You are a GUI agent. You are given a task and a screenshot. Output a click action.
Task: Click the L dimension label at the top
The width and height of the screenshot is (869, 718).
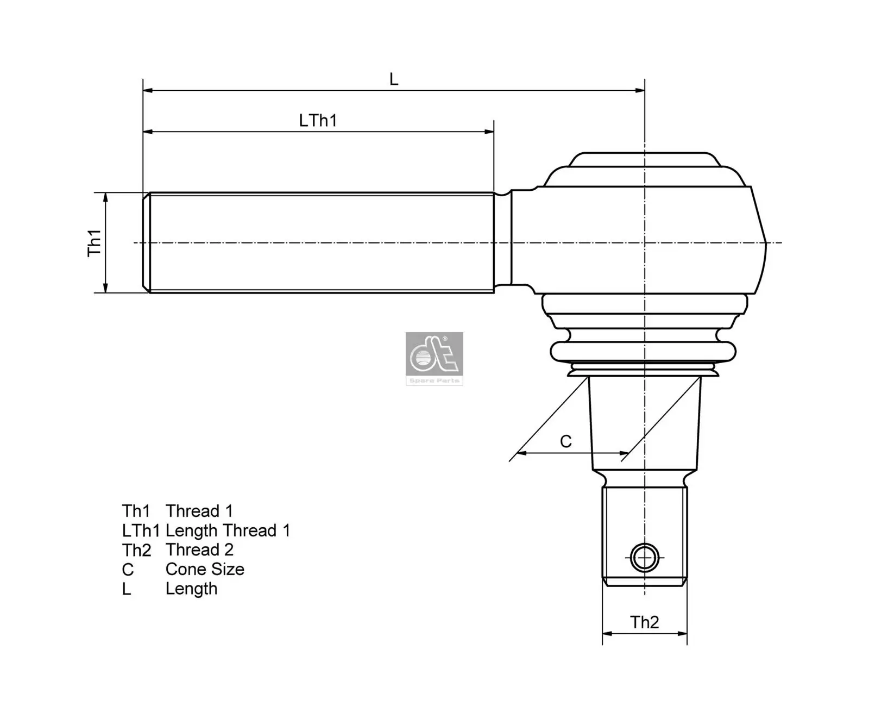pos(394,79)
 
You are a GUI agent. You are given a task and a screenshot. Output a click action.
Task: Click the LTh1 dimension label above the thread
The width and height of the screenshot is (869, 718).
pos(318,120)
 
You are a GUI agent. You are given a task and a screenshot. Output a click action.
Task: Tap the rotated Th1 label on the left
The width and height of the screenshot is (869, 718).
pos(95,242)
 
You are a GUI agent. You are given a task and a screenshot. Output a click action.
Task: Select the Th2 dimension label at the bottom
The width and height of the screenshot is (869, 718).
pos(644,622)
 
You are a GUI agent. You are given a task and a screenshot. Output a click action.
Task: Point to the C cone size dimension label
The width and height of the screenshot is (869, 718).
pos(565,441)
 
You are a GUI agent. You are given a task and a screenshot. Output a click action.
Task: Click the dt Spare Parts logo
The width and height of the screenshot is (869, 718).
pos(434,358)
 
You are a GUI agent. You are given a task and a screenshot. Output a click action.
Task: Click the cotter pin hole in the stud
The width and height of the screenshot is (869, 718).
pos(645,558)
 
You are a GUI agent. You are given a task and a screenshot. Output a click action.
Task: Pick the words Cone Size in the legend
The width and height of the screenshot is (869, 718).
pos(205,569)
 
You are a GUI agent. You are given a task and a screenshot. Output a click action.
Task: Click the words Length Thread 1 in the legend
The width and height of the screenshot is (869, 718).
pos(228,530)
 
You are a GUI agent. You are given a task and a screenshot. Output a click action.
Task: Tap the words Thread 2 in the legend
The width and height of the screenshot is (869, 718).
pos(199,550)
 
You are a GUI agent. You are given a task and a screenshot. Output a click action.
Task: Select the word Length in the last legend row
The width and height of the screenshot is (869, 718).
pos(191,589)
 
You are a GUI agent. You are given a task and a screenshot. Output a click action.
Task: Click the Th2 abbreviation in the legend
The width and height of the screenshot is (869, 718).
pos(136,550)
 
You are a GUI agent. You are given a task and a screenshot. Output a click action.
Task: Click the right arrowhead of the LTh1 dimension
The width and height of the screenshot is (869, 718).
pos(489,132)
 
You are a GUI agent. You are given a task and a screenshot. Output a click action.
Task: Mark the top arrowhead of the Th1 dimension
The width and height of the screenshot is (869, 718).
pos(105,197)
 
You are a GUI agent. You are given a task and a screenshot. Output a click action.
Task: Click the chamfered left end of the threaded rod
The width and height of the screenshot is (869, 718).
pos(146,242)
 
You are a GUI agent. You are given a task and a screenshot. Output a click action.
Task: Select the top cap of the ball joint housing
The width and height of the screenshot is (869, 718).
pos(644,160)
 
